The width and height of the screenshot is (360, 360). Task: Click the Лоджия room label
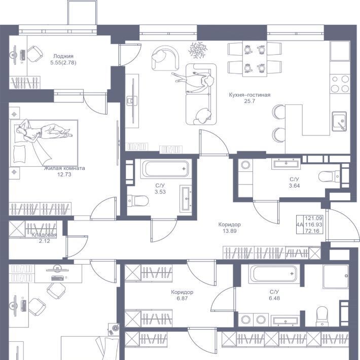click(x=63, y=56)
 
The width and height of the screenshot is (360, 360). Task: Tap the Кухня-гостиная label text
click(x=249, y=95)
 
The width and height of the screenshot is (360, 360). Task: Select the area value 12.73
click(x=64, y=174)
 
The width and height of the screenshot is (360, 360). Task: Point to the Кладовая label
click(x=44, y=235)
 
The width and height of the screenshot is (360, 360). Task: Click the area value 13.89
click(x=230, y=231)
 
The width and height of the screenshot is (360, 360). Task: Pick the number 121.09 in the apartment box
click(x=313, y=218)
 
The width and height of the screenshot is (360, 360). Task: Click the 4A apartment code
click(x=300, y=225)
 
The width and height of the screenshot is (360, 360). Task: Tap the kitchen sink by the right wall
click(x=339, y=121)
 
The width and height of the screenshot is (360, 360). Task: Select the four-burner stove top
click(x=340, y=84)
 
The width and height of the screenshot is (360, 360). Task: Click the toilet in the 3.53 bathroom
click(x=137, y=201)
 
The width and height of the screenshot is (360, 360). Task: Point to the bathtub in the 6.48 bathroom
click(x=274, y=273)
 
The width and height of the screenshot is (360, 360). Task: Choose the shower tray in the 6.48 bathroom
click(x=336, y=276)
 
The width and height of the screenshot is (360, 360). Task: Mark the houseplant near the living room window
click(x=198, y=50)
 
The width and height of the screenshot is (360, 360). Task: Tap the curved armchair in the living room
click(x=165, y=58)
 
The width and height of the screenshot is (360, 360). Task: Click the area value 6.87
click(x=182, y=299)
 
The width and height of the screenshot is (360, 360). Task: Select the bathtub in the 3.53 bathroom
click(x=165, y=169)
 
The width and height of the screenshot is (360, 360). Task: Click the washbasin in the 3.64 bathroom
click(x=286, y=163)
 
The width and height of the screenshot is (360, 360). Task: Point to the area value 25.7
click(x=249, y=101)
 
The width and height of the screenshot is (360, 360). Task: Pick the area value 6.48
click(x=274, y=298)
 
